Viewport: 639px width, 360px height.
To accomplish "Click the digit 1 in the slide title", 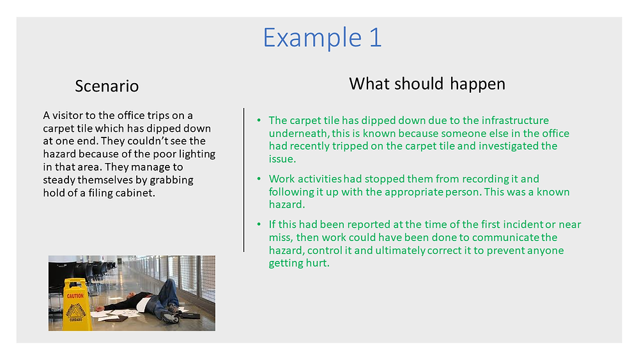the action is click(x=376, y=38).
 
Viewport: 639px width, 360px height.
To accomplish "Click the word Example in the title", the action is click(x=312, y=38).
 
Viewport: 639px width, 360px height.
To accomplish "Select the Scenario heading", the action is click(x=107, y=86).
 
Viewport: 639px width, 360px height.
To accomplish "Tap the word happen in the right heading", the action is click(x=477, y=84).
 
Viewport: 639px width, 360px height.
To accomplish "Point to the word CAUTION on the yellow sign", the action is click(x=75, y=296).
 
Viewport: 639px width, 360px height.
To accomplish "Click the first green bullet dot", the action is click(x=259, y=120).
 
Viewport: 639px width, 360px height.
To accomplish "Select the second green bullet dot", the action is click(x=259, y=178).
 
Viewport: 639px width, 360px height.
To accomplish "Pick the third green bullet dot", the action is click(x=259, y=224).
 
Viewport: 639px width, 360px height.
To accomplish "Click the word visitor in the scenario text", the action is click(x=67, y=115).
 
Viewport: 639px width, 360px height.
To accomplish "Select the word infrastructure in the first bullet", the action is click(x=515, y=120).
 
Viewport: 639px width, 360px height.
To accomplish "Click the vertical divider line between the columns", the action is click(x=243, y=180).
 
